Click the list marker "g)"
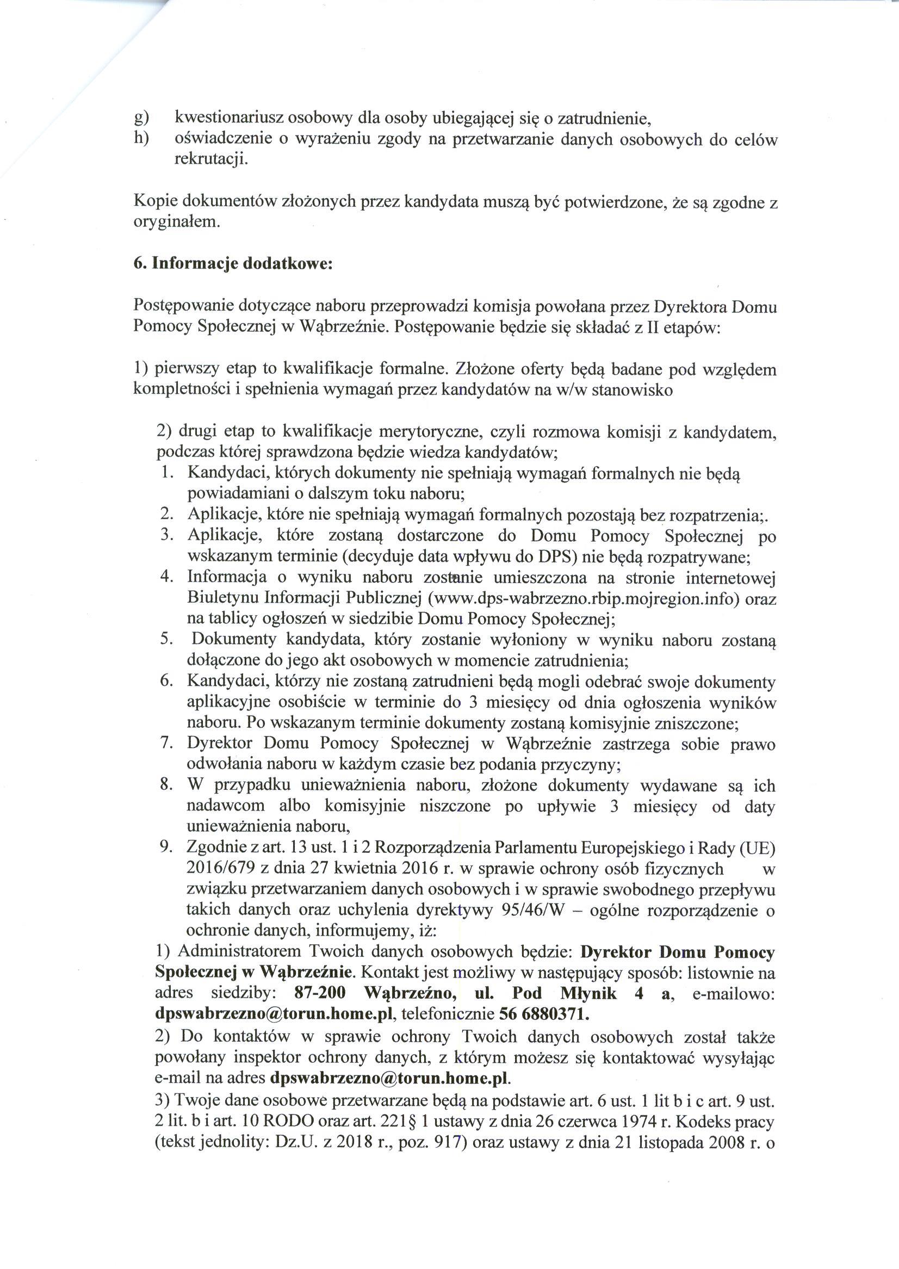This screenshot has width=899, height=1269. tap(142, 119)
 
